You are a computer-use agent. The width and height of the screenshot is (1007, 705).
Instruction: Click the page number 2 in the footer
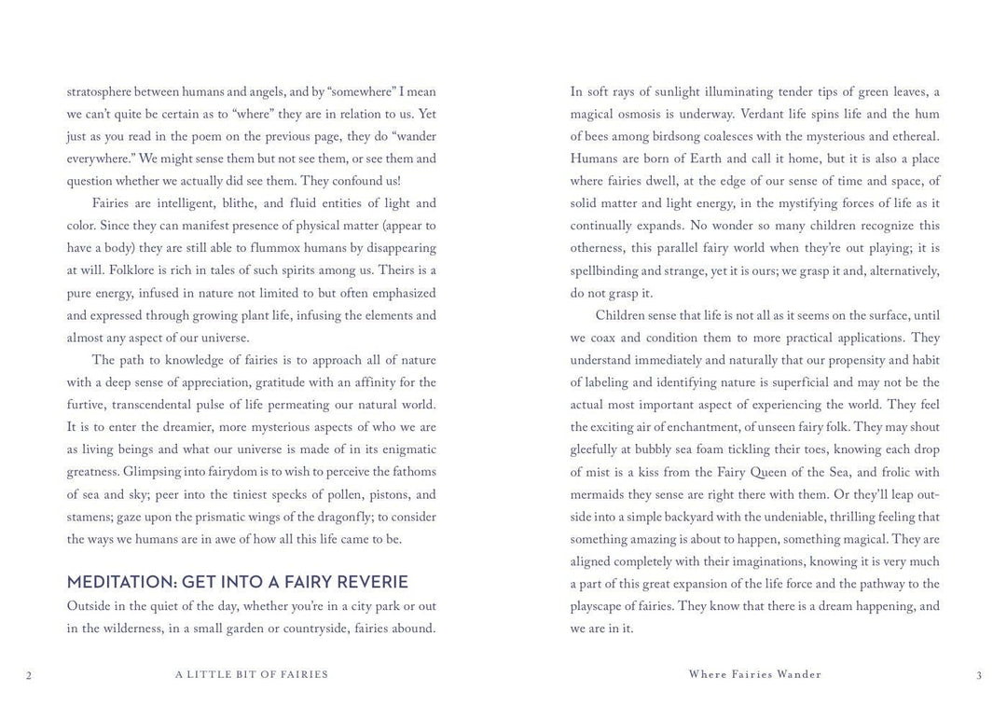click(x=29, y=676)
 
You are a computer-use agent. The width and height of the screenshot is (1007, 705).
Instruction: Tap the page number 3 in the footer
click(x=979, y=675)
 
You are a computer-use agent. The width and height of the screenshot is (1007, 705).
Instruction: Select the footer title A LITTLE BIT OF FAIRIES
click(x=252, y=674)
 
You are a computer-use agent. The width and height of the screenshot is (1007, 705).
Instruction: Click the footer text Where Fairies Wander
click(x=755, y=674)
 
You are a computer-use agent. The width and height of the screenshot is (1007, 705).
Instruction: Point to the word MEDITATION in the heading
click(x=120, y=582)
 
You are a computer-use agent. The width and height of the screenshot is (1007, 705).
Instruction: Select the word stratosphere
click(x=99, y=92)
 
